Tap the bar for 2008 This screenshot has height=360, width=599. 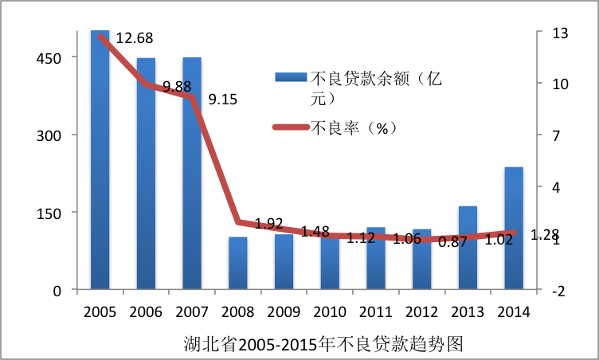tap(237, 263)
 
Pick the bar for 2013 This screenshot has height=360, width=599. tap(468, 248)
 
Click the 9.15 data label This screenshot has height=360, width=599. tap(223, 100)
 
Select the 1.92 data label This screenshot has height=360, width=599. tap(269, 222)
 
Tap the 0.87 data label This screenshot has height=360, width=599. tap(452, 242)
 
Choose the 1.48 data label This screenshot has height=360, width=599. tap(315, 232)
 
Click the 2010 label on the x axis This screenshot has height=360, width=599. tap(330, 311)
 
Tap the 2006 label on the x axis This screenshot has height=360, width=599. tap(146, 311)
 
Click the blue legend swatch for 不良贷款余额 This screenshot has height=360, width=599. tap(291, 77)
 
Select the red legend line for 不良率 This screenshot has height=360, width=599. tap(291, 127)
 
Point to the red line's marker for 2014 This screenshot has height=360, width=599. tap(514, 233)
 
